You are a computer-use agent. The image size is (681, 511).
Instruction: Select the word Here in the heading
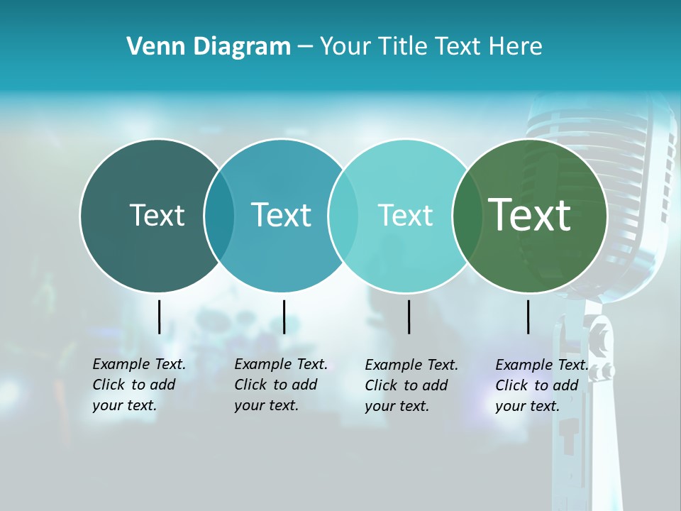pos(516,47)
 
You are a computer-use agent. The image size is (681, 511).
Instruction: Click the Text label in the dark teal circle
pos(157,215)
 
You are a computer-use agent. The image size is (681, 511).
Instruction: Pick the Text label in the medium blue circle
pos(281,215)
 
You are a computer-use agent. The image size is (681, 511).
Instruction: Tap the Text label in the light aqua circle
pos(405,215)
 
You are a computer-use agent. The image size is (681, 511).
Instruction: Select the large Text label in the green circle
pos(529,215)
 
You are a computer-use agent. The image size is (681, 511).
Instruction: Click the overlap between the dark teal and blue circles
pos(219,215)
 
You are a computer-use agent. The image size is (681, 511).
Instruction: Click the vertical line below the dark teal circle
pos(159,317)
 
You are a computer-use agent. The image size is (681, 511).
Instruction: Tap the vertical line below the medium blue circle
pos(284,317)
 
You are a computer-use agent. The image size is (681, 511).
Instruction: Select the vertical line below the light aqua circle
pos(409,317)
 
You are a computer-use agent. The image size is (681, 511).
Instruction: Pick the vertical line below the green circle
pos(528,317)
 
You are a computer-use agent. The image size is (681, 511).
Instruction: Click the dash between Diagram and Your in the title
pos(305,48)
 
